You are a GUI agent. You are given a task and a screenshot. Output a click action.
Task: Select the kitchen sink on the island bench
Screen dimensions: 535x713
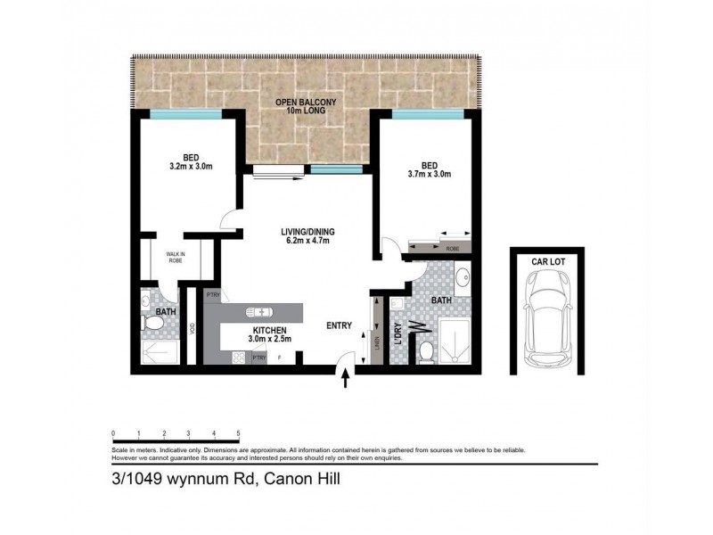click(x=259, y=312)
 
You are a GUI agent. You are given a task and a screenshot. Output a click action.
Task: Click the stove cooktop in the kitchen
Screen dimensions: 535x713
click(x=238, y=357)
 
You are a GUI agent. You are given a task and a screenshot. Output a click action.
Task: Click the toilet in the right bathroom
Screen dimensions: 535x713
click(x=426, y=350)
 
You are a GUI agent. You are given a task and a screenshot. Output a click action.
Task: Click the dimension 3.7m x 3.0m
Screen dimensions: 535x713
click(x=430, y=174)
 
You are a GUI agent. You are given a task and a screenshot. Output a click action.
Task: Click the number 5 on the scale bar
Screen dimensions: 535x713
click(x=239, y=433)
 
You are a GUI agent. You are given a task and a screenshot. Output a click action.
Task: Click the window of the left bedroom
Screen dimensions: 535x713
click(x=185, y=114)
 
